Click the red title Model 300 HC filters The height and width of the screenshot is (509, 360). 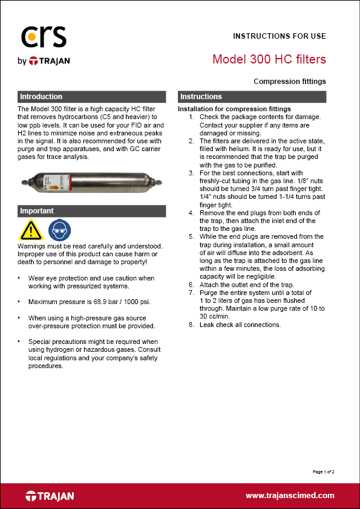[269, 59]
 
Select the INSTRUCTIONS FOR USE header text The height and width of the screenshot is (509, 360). [279, 36]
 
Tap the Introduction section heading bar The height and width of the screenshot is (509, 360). [91, 97]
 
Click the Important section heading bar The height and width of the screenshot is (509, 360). [91, 211]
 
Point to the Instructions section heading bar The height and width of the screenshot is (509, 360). [252, 97]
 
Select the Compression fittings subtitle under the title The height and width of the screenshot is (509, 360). [289, 81]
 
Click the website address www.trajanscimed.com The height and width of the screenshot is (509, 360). [289, 496]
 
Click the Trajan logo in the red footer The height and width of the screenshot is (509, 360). [50, 496]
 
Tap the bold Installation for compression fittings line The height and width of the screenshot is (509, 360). [234, 109]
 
